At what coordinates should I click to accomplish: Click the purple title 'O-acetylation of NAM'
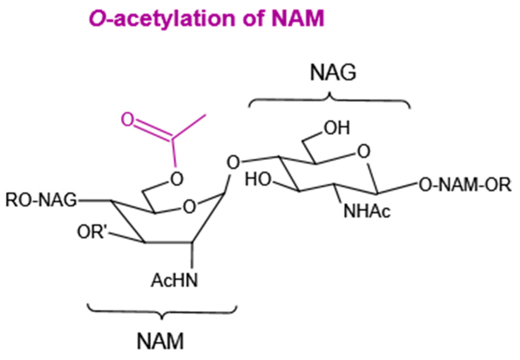[206, 18]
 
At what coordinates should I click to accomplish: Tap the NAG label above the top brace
[333, 73]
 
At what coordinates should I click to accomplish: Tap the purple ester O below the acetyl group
[177, 179]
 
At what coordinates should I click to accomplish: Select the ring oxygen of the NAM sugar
[189, 207]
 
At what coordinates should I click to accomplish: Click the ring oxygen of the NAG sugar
[363, 152]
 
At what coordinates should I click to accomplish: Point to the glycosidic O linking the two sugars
[233, 163]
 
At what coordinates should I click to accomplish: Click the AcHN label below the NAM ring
[175, 281]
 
